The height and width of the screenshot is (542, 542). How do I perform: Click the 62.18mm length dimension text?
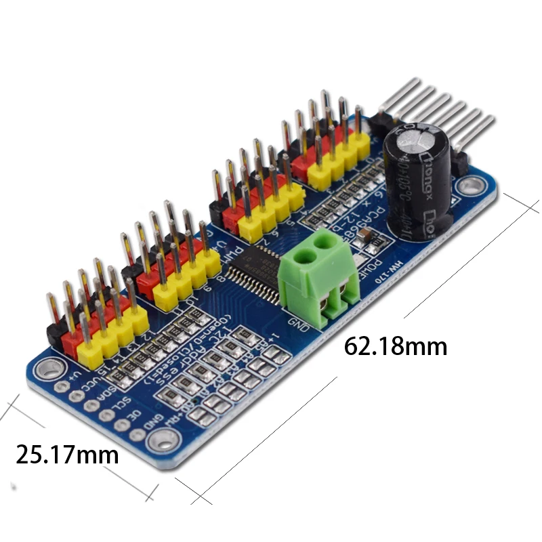point(395,346)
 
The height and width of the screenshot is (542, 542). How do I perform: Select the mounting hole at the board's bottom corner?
point(161,443)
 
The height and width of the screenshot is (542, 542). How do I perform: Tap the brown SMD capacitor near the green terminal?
point(367,236)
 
